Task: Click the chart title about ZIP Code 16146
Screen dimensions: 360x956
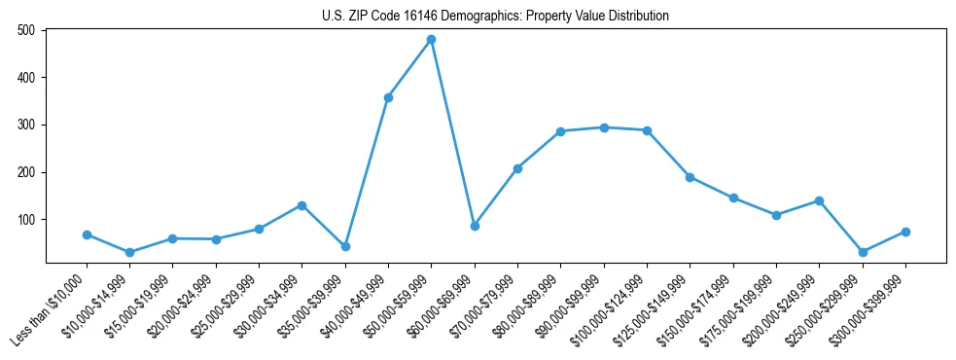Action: coord(495,16)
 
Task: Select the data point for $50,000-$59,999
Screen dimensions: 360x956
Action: coord(431,40)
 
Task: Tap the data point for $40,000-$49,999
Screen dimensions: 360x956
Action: coord(388,97)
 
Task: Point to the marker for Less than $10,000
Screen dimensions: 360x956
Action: coord(87,234)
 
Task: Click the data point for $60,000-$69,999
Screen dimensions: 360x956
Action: coord(475,226)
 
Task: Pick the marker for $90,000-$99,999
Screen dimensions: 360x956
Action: coord(604,127)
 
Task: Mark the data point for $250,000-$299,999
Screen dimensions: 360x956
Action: coord(863,252)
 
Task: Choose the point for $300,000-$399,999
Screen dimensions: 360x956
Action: coord(905,232)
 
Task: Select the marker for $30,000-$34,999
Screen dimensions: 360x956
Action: coord(301,205)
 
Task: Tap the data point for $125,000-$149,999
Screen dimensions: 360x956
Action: coord(690,177)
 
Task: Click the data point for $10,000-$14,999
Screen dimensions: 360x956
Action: coord(129,252)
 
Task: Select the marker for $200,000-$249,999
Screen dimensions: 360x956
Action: coord(819,200)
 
